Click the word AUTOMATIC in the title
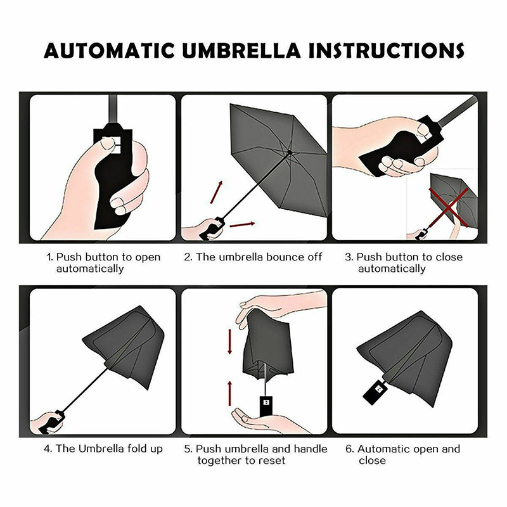(x=109, y=51)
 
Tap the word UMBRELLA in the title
(x=241, y=51)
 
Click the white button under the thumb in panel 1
(x=112, y=144)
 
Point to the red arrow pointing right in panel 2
(x=242, y=224)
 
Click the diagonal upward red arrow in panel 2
(x=217, y=192)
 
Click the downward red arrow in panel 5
(x=230, y=342)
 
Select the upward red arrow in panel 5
(x=230, y=393)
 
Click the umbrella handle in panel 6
(x=375, y=392)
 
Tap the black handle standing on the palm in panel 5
(x=266, y=406)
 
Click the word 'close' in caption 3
(x=449, y=257)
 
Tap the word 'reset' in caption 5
(x=273, y=460)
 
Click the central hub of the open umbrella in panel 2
(x=290, y=151)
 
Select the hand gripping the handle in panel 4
(x=48, y=423)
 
